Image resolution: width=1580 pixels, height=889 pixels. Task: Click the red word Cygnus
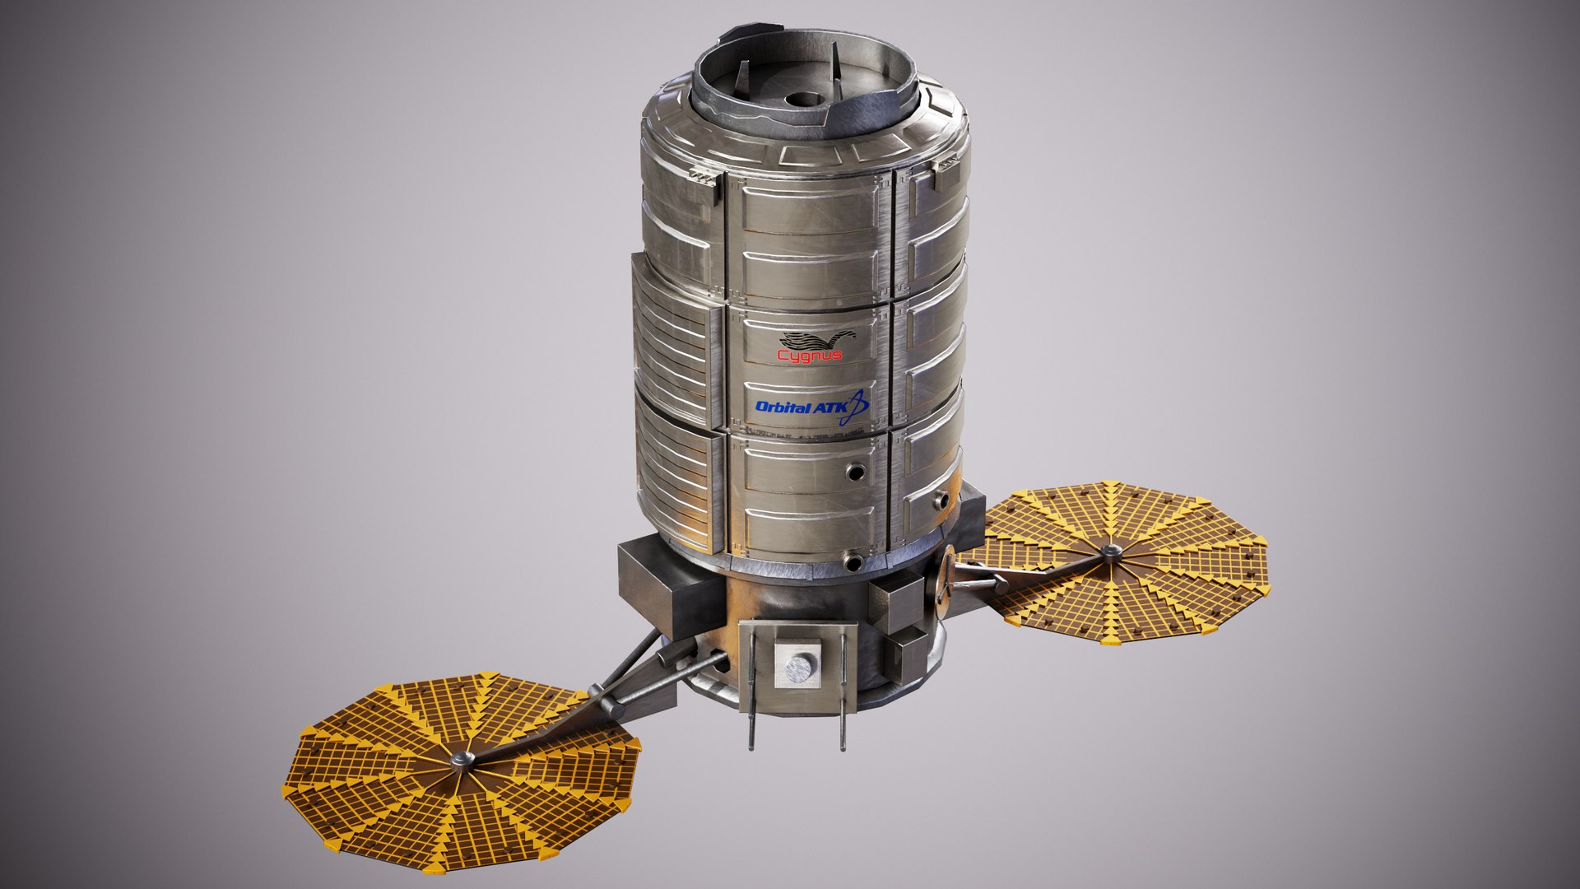click(810, 356)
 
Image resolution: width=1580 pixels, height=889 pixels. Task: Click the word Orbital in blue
click(783, 407)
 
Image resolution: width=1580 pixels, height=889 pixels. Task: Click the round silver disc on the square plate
click(798, 665)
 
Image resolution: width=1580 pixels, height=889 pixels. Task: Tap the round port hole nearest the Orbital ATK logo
click(857, 472)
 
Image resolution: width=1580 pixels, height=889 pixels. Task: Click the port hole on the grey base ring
click(853, 563)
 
